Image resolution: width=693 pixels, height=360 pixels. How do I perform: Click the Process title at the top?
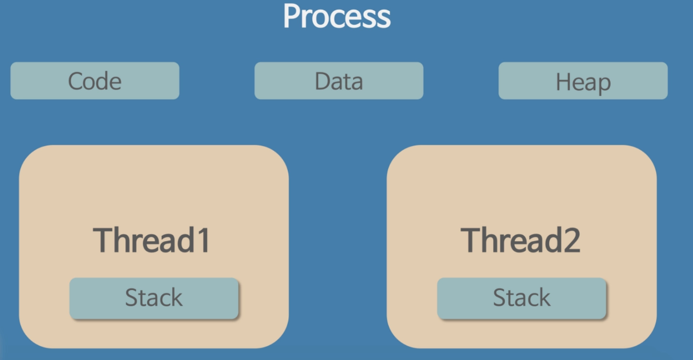[337, 16]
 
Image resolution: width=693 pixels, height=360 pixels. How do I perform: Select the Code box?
[95, 81]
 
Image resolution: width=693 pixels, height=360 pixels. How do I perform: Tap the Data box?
[339, 81]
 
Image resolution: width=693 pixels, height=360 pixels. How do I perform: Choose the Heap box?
[583, 81]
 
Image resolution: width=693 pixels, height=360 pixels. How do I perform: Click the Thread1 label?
[151, 240]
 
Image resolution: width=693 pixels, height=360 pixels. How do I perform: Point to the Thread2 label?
[520, 240]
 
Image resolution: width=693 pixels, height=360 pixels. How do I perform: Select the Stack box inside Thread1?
[154, 298]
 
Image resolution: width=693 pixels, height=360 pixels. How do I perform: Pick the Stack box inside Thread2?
[522, 298]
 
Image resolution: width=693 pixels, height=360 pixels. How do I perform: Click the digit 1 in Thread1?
[203, 240]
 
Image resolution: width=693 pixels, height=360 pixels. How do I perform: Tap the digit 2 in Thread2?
[572, 240]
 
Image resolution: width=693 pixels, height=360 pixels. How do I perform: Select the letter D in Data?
[323, 81]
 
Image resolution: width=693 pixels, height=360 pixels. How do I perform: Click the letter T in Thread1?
[104, 240]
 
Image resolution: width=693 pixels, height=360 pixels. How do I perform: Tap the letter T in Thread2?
[472, 240]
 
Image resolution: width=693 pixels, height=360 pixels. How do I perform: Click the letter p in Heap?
[604, 85]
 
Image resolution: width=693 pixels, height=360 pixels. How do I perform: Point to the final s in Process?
[384, 19]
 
